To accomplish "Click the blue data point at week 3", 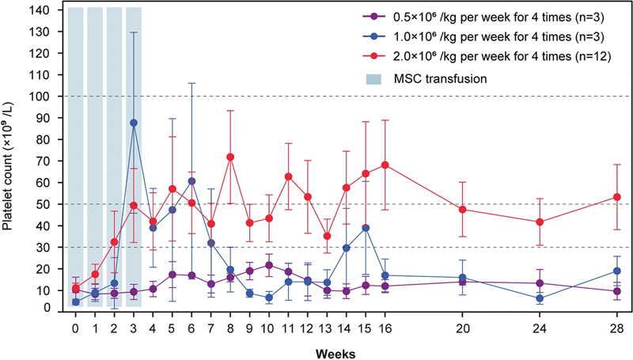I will [x=134, y=123].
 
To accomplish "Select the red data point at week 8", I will [x=230, y=157].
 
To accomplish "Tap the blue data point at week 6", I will [x=191, y=181].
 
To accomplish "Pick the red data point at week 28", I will [x=616, y=197].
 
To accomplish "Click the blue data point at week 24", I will [x=539, y=299].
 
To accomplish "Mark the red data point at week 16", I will [x=385, y=165].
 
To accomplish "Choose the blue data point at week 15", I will [x=366, y=228].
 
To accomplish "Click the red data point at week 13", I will [x=327, y=236].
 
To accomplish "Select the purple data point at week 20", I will [x=461, y=282].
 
